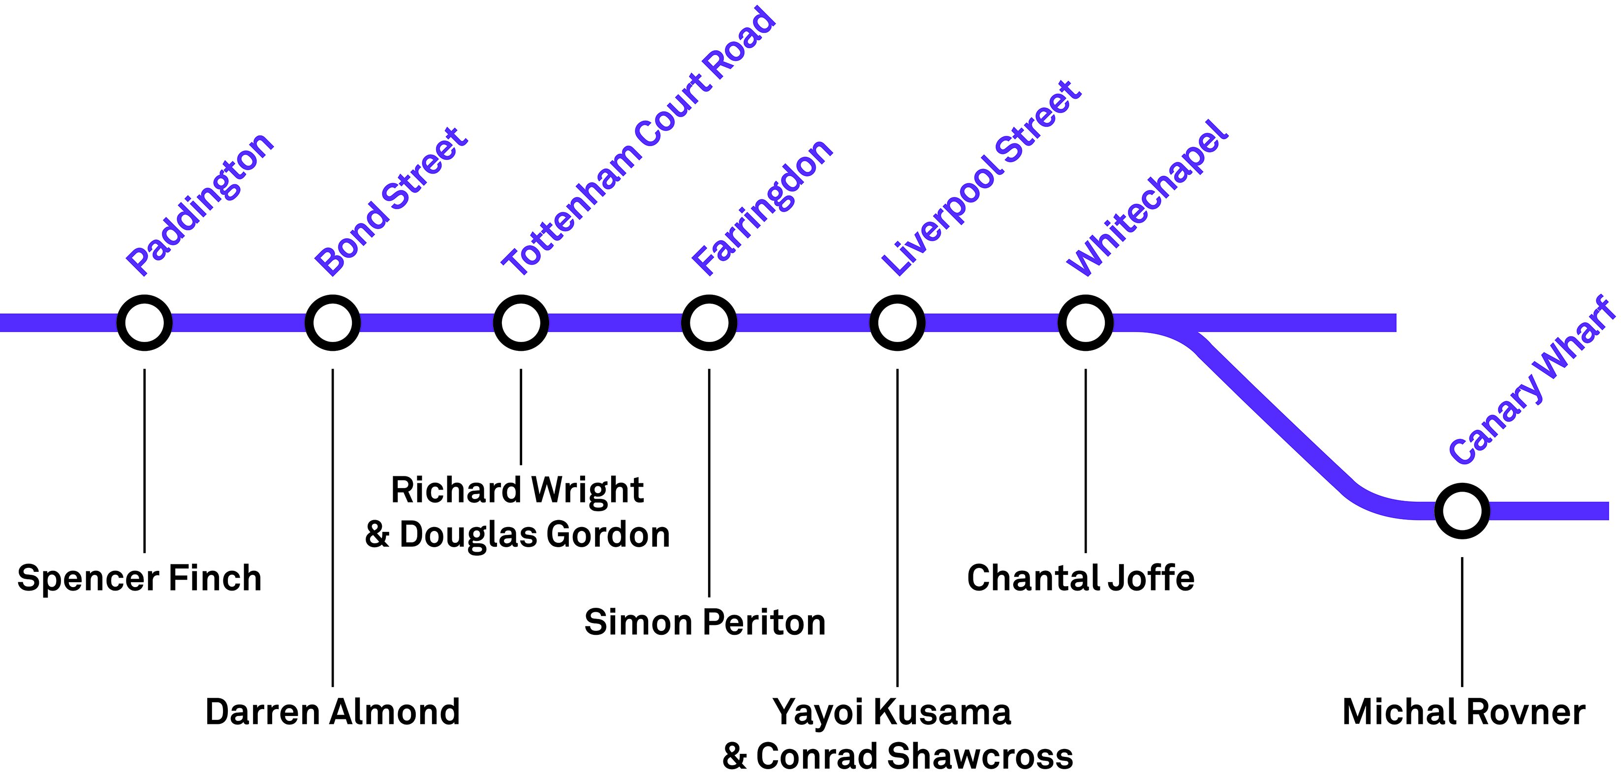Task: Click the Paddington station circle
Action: point(144,323)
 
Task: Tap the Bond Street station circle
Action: point(332,323)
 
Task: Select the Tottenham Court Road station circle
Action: point(521,323)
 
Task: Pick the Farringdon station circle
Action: point(709,323)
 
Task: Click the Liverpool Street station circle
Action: point(897,323)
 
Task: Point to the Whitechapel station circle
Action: point(1085,323)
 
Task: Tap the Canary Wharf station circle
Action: point(1462,511)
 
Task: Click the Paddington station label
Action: point(200,204)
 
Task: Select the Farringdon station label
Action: point(762,207)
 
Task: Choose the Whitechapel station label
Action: point(1147,198)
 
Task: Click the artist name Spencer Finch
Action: point(139,578)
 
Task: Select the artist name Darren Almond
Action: point(332,712)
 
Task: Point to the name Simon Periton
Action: point(705,623)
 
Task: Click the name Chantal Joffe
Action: point(1081,578)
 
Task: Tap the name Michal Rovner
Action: point(1464,712)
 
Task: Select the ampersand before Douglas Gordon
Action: point(377,534)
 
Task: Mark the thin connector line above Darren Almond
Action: point(332,529)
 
